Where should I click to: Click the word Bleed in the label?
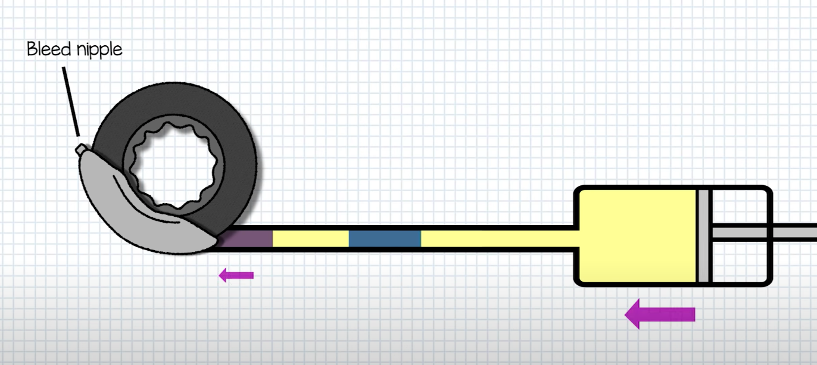coord(49,49)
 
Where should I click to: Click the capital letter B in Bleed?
coord(32,49)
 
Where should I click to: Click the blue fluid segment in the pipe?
coord(385,239)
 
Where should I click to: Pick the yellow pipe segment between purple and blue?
coord(310,239)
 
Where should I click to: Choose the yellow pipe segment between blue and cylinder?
coord(494,239)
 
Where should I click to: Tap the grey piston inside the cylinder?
coord(704,236)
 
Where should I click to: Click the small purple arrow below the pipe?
coord(236,275)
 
